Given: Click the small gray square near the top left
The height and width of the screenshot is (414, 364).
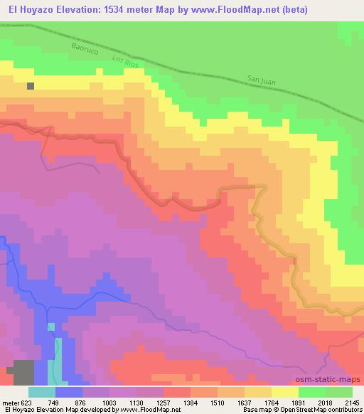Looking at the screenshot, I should (31, 86).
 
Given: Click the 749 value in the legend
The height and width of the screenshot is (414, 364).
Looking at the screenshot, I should (64, 402).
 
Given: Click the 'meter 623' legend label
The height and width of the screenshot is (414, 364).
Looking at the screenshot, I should (17, 402).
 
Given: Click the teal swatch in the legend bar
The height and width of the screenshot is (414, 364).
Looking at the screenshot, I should (42, 392).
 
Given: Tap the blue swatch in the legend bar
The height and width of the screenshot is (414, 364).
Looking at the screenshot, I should (69, 392).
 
